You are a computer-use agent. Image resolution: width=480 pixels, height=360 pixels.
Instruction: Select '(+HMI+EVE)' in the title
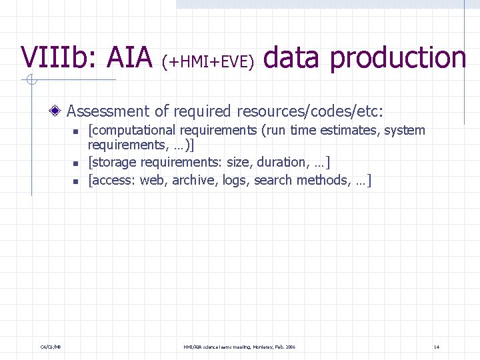[x=209, y=61]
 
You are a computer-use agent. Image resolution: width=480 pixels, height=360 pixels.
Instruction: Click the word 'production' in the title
[x=398, y=59]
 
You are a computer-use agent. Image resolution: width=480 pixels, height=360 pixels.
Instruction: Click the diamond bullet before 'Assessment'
[x=59, y=111]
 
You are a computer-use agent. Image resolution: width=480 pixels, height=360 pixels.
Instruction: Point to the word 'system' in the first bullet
[x=403, y=130]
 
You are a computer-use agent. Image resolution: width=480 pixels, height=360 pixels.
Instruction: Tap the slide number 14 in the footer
[x=436, y=347]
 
